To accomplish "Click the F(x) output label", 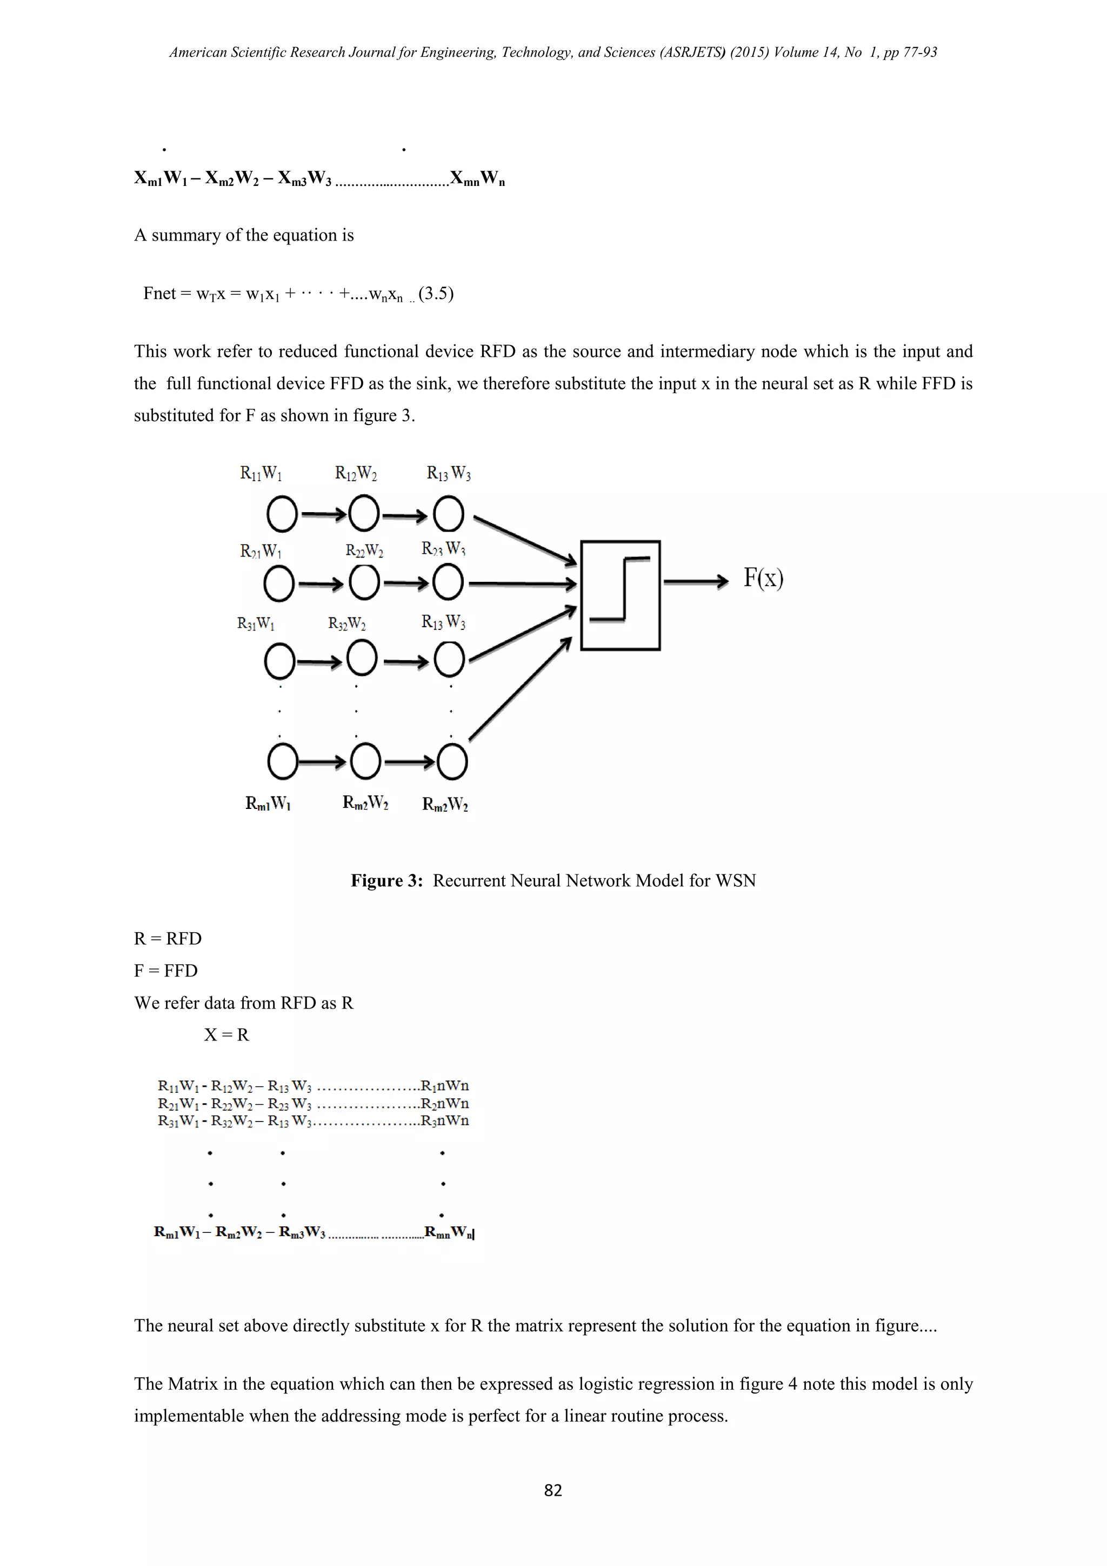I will tap(763, 579).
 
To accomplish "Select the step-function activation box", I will tap(621, 595).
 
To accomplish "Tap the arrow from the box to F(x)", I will tap(695, 581).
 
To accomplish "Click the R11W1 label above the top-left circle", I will tap(261, 473).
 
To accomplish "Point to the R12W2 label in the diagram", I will tap(356, 473).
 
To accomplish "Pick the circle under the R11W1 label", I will tap(282, 514).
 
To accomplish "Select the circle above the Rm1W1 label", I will tap(282, 761).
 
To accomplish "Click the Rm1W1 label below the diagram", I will tap(268, 804).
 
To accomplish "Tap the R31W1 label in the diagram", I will tap(256, 623).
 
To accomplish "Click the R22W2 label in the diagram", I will tap(364, 550).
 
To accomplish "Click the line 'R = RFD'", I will tap(168, 939).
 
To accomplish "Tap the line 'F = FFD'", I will tap(165, 971).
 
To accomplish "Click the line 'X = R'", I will tap(226, 1034).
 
